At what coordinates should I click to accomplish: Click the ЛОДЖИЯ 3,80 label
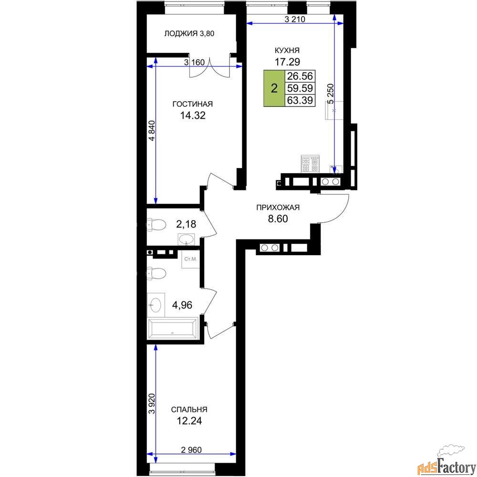(x=189, y=33)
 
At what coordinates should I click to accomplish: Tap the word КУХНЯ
(x=287, y=50)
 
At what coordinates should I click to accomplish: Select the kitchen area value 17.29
(x=287, y=62)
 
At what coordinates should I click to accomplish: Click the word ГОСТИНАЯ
(x=193, y=104)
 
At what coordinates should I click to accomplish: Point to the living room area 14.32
(x=193, y=115)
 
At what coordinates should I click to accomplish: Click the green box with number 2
(x=274, y=89)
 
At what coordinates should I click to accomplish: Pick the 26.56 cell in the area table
(x=300, y=76)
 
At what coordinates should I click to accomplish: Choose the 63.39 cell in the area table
(x=300, y=100)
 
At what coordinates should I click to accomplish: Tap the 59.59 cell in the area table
(x=300, y=88)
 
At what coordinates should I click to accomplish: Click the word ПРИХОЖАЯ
(x=278, y=207)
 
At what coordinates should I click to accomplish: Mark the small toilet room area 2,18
(x=186, y=224)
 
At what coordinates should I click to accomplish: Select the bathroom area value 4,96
(x=182, y=305)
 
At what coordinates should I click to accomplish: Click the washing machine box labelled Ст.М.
(x=191, y=259)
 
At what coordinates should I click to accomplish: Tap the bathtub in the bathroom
(x=173, y=329)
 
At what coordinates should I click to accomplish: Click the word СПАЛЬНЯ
(x=189, y=409)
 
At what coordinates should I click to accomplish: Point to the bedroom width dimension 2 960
(x=191, y=450)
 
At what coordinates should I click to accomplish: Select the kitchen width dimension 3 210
(x=295, y=20)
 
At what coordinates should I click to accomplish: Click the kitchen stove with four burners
(x=311, y=164)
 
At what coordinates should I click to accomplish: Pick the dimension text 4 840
(x=152, y=131)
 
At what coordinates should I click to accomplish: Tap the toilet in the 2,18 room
(x=156, y=225)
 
